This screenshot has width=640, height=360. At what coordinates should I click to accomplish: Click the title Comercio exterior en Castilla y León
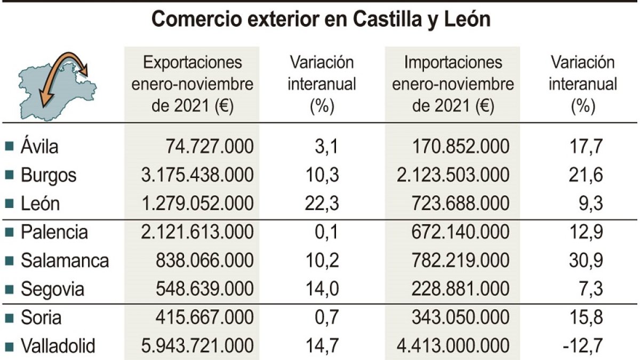click(x=321, y=20)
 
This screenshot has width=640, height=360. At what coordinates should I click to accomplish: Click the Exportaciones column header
click(x=192, y=84)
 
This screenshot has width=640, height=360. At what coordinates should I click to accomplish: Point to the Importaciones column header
click(x=453, y=84)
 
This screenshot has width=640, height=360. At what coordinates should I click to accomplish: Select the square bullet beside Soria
click(x=9, y=318)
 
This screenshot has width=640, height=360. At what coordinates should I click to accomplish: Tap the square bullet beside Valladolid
click(x=9, y=347)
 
